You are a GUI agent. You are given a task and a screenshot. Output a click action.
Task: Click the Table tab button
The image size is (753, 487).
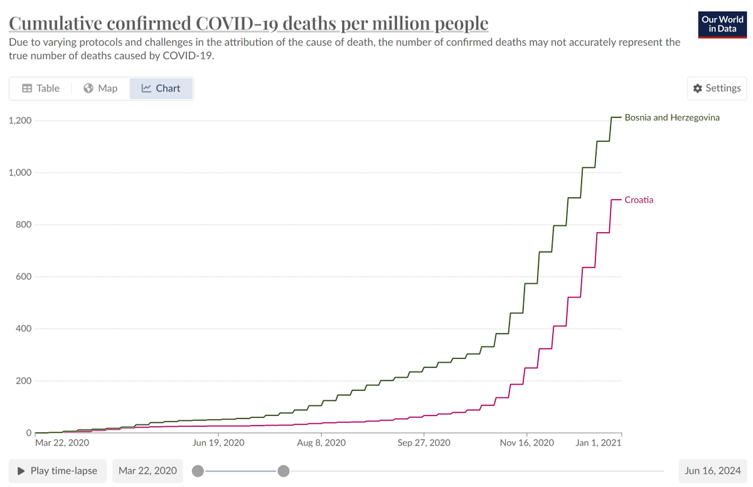click(x=41, y=88)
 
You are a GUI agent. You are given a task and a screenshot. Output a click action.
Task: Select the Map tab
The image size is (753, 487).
click(x=100, y=88)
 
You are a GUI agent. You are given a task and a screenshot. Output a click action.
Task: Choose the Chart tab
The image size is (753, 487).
click(x=161, y=88)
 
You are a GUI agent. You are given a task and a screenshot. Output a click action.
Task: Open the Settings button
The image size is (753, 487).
click(x=717, y=88)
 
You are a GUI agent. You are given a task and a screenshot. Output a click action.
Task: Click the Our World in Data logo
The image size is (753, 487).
click(x=722, y=24)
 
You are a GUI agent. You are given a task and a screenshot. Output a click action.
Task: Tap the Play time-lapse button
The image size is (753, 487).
click(x=58, y=471)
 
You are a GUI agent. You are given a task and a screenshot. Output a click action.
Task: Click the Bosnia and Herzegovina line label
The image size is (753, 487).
click(x=672, y=117)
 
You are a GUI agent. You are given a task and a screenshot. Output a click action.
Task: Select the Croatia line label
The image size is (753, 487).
click(x=639, y=200)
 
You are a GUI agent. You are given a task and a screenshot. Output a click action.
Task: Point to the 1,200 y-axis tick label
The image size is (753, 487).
click(x=20, y=120)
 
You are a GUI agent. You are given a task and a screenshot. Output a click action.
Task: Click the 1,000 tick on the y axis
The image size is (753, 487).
click(x=20, y=173)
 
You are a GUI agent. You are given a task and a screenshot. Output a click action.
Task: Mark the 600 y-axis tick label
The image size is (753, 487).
click(x=24, y=276)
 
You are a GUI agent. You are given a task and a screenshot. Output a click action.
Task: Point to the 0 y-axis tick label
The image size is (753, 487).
click(x=29, y=432)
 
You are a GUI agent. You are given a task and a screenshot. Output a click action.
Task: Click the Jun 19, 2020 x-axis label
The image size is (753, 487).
click(x=218, y=442)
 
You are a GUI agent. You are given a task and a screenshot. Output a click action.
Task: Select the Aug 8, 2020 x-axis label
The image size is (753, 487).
click(x=321, y=442)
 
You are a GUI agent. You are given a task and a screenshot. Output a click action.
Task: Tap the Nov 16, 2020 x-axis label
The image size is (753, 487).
click(x=526, y=442)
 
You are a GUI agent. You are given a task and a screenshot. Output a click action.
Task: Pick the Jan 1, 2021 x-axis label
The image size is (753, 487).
click(x=599, y=442)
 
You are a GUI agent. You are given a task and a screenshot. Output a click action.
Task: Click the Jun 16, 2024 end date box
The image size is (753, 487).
click(x=713, y=471)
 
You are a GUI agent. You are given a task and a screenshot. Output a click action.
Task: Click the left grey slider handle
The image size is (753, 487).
click(x=198, y=471)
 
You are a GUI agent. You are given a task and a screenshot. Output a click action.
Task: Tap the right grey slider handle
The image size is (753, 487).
click(x=284, y=471)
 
